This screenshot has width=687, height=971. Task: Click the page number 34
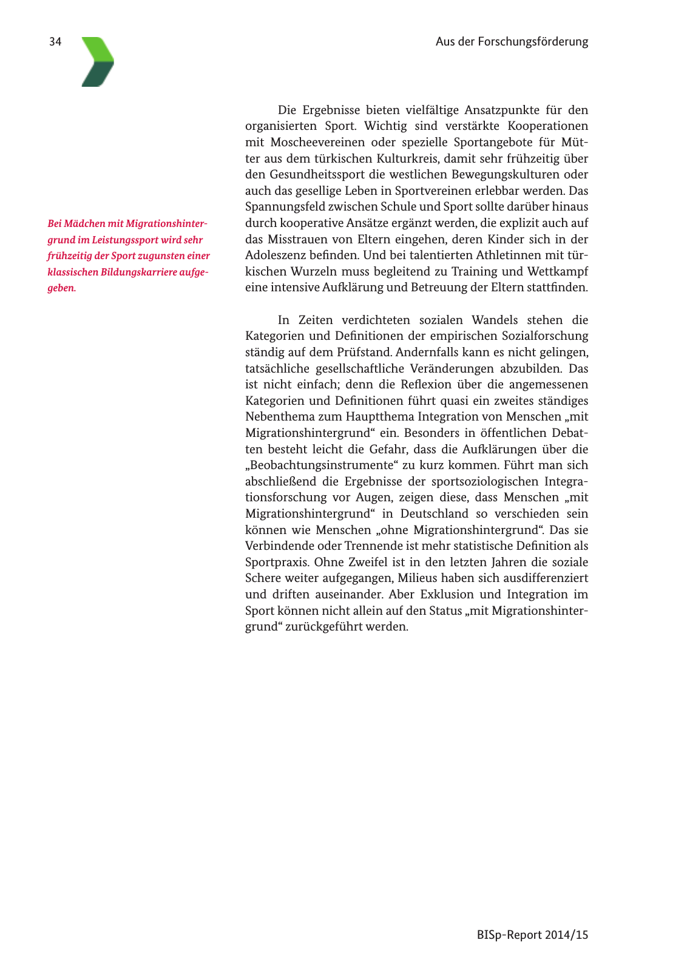pos(55,42)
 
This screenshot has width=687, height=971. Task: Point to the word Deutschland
pos(434,514)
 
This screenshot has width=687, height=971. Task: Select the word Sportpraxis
pos(277,563)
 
